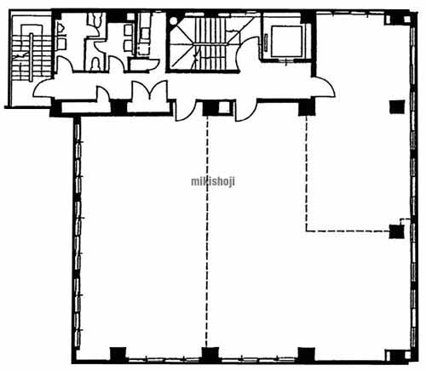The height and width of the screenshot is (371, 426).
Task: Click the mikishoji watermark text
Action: click(213, 181)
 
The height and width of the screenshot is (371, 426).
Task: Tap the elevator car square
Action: click(286, 41)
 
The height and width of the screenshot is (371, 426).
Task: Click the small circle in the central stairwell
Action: click(173, 20)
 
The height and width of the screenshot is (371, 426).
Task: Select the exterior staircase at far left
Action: click(30, 57)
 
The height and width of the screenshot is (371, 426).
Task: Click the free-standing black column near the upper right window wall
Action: click(397, 107)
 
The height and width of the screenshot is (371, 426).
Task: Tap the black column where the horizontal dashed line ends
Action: click(396, 231)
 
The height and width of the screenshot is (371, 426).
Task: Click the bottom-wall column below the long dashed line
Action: click(210, 355)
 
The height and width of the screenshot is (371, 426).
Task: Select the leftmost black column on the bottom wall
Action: click(118, 355)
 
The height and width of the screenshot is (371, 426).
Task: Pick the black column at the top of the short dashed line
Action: click(307, 108)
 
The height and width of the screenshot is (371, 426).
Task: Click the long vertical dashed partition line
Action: click(207, 231)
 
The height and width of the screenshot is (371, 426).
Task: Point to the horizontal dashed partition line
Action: click(348, 231)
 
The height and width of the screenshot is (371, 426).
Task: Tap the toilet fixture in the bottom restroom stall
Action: click(95, 64)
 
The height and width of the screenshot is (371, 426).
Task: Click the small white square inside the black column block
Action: click(224, 107)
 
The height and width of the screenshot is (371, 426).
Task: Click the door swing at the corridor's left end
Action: click(43, 88)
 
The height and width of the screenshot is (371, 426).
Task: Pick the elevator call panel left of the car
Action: click(266, 43)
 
